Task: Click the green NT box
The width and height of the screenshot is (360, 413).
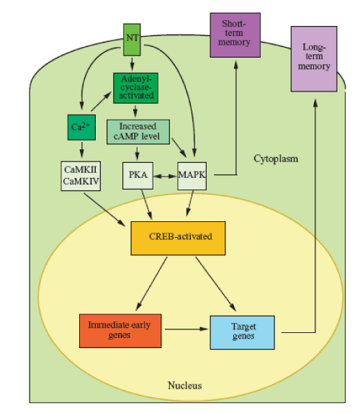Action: (x=132, y=40)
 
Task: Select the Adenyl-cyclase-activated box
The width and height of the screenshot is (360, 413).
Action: (x=136, y=88)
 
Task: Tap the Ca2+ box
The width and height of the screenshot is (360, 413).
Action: (x=81, y=128)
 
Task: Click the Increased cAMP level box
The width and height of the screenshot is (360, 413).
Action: (x=138, y=132)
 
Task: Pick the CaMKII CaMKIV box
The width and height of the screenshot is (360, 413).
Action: (x=81, y=176)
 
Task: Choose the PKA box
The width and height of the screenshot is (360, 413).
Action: (x=138, y=176)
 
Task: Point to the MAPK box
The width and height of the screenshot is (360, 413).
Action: (x=192, y=176)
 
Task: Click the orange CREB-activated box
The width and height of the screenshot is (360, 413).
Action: (x=178, y=238)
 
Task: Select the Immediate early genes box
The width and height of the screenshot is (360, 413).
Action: (x=120, y=331)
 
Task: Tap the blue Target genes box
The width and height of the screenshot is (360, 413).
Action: (x=243, y=333)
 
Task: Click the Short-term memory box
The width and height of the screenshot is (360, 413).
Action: (x=235, y=35)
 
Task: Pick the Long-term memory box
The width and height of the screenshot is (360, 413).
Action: (x=314, y=59)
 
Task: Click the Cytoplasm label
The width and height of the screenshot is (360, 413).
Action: (x=276, y=159)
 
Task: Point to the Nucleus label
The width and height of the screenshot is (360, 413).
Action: (x=185, y=386)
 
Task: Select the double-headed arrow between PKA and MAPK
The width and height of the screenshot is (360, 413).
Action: (x=166, y=176)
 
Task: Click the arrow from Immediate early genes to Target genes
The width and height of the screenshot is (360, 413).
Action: (x=186, y=329)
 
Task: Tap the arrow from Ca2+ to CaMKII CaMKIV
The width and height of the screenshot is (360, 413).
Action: (x=82, y=150)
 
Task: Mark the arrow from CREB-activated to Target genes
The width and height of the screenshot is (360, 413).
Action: (x=215, y=284)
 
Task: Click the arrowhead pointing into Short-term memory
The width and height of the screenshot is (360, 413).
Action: (x=236, y=65)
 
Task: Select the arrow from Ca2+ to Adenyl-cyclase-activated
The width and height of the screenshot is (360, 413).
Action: (x=102, y=102)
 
